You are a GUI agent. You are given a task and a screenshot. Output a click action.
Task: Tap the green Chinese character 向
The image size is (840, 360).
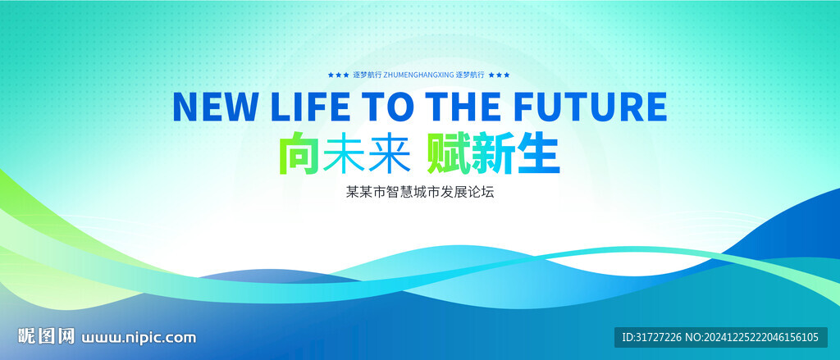coord(299,154)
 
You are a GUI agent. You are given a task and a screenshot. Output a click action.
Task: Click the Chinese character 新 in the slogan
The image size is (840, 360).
coord(492,154)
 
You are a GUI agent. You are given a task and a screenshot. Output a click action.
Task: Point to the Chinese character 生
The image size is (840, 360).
coord(538,154)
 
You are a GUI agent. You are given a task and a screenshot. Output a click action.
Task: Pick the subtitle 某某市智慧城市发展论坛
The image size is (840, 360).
coord(420,193)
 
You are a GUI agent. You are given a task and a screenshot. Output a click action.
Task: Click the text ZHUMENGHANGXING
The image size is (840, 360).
coord(419,75)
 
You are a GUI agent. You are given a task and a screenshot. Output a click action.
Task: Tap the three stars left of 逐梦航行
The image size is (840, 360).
coord(338,75)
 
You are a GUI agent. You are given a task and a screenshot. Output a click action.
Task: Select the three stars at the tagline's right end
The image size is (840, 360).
coord(499,75)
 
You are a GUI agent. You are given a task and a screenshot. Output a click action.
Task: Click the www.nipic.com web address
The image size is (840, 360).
coord(139,338)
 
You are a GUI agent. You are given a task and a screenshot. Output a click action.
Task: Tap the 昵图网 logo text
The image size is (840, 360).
coord(47,336)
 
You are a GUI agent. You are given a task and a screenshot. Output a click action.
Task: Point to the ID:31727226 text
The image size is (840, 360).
coord(651,337)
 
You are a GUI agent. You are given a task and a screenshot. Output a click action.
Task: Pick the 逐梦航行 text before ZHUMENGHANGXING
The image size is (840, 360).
coord(367,75)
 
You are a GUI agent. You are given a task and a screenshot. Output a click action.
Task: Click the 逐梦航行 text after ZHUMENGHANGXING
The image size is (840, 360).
coord(470,75)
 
